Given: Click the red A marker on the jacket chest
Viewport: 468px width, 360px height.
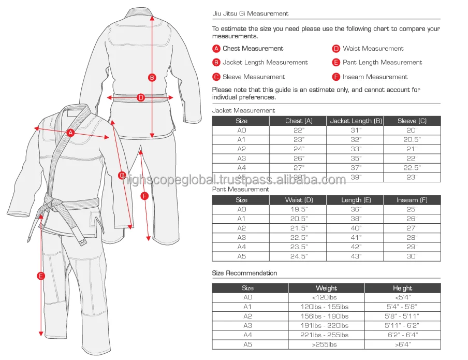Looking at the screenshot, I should coord(71,133).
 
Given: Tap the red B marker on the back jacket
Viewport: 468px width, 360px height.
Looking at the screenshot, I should coord(152,78).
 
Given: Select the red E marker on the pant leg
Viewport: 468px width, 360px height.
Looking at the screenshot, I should coord(41,276).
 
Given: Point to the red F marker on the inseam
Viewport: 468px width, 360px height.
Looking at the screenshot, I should coord(144,196).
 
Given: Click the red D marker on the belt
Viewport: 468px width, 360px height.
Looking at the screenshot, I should coord(141,97).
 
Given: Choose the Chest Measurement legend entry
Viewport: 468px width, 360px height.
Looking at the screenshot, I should coord(253,49).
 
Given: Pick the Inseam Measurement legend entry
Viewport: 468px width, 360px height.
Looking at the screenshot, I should coord(375,77).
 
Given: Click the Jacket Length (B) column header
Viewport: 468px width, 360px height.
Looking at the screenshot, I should coord(356,121).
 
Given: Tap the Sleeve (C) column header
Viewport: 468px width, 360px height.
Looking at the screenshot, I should coord(412,121).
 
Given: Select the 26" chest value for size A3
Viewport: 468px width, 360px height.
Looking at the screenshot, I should coord(298,159).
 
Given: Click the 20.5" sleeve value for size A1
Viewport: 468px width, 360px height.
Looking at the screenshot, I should coord(412,140).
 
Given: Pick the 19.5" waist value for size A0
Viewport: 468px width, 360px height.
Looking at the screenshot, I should coord(298,209).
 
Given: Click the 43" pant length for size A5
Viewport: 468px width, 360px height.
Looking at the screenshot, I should coord(356,256).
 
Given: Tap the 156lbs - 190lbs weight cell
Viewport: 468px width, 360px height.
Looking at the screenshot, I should coord(326,316).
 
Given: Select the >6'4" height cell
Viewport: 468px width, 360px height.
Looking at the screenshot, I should coord(402,344).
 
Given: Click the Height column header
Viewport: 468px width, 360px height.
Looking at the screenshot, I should coord(402,288).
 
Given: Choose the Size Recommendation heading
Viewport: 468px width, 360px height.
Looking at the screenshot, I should coord(244,273).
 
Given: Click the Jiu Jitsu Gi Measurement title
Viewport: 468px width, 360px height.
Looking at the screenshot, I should coord(251,13).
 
